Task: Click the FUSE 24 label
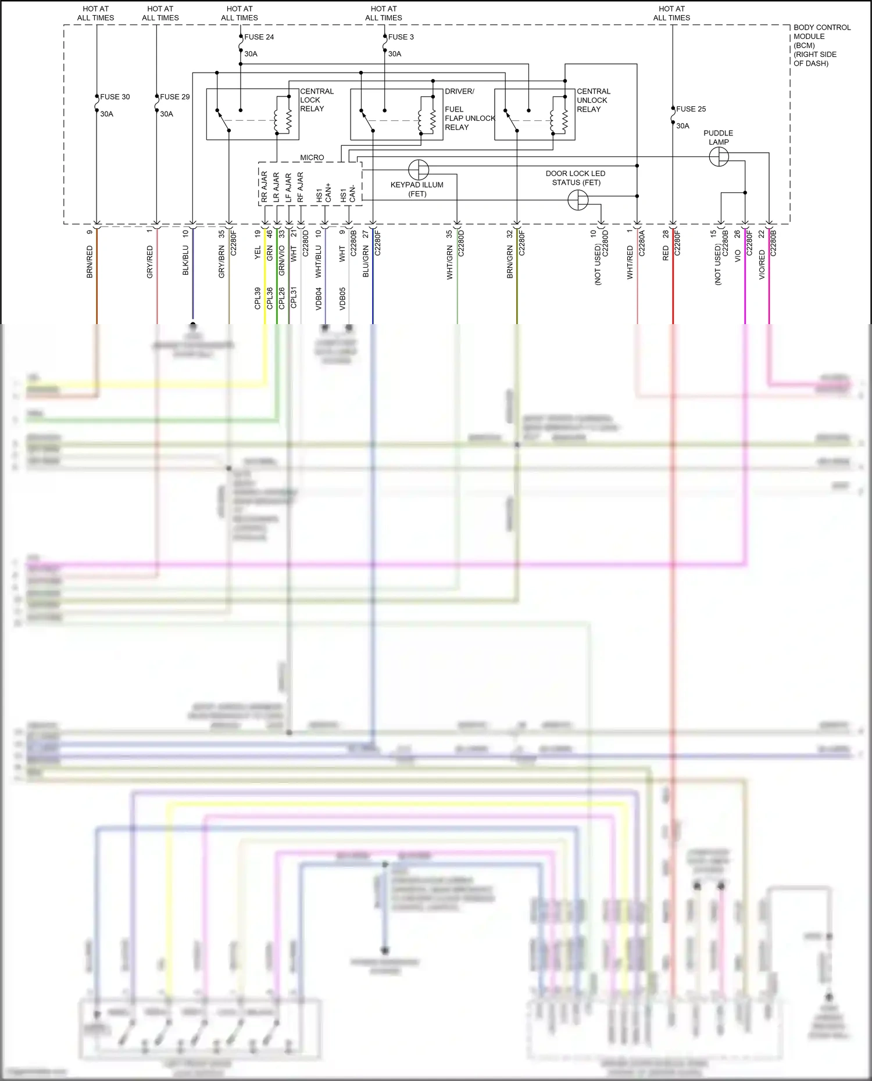(259, 37)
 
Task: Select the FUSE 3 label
(401, 37)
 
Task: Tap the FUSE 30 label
(115, 97)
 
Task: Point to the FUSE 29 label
(174, 97)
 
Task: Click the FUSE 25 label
(691, 109)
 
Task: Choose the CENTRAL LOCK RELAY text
(316, 100)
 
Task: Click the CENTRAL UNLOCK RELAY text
(593, 100)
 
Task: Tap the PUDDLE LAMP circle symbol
(719, 156)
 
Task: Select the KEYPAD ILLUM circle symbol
(419, 170)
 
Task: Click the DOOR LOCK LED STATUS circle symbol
(578, 200)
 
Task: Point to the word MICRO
(312, 157)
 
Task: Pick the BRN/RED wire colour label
(90, 261)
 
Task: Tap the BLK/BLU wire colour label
(186, 261)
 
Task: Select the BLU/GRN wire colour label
(366, 261)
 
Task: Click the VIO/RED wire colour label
(762, 264)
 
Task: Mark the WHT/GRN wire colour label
(450, 263)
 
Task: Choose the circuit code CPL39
(258, 298)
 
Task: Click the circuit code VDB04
(319, 299)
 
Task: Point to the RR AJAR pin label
(264, 186)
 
